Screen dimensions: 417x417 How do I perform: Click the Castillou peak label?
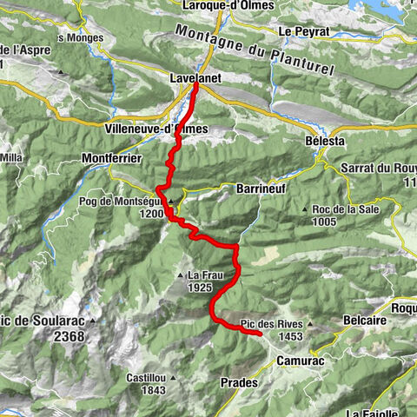[145, 378]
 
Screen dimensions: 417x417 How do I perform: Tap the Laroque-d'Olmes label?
[228, 6]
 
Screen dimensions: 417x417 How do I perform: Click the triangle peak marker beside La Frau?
[181, 275]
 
